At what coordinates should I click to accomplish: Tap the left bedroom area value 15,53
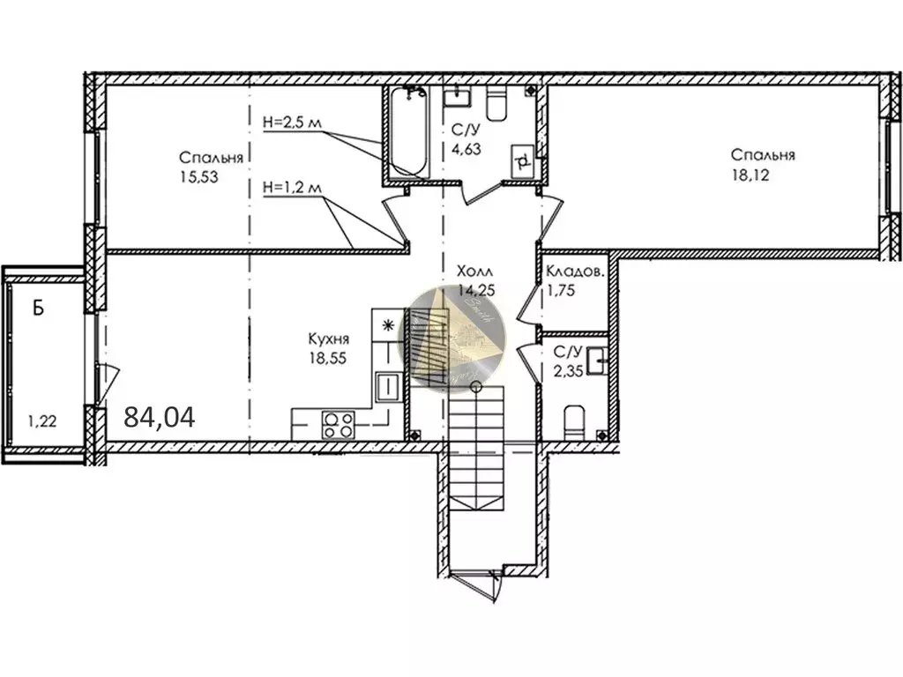click(198, 175)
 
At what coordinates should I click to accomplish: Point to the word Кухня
click(329, 338)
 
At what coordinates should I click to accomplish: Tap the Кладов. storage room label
click(575, 272)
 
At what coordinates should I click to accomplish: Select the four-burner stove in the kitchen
click(336, 425)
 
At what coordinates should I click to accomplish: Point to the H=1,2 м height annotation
click(294, 187)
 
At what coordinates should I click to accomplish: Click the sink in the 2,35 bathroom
click(598, 358)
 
